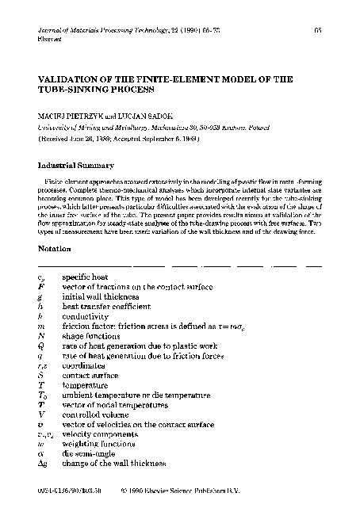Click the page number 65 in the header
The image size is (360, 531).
click(x=317, y=29)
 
